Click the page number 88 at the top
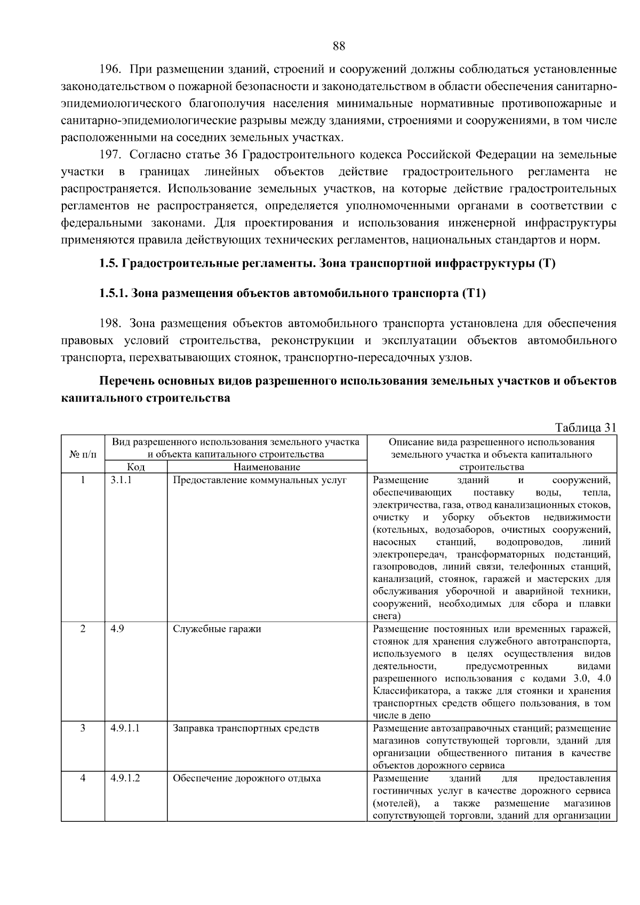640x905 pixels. [339, 46]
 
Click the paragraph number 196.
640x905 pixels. [111, 70]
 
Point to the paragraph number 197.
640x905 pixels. [111, 155]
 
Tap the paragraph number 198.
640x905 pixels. [111, 324]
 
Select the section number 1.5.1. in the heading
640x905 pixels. [113, 293]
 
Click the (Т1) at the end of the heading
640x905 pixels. [474, 293]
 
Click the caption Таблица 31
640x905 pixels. [586, 428]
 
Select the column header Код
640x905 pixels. [136, 467]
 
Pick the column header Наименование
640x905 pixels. [267, 467]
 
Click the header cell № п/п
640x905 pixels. [83, 454]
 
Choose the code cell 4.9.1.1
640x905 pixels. [125, 728]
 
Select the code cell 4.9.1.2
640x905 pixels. [125, 778]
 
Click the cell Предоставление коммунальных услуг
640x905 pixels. [260, 480]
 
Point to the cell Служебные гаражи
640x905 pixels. [217, 629]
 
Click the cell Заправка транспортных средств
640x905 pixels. [246, 728]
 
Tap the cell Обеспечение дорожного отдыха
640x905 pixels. [247, 778]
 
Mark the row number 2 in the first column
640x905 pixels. [83, 629]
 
